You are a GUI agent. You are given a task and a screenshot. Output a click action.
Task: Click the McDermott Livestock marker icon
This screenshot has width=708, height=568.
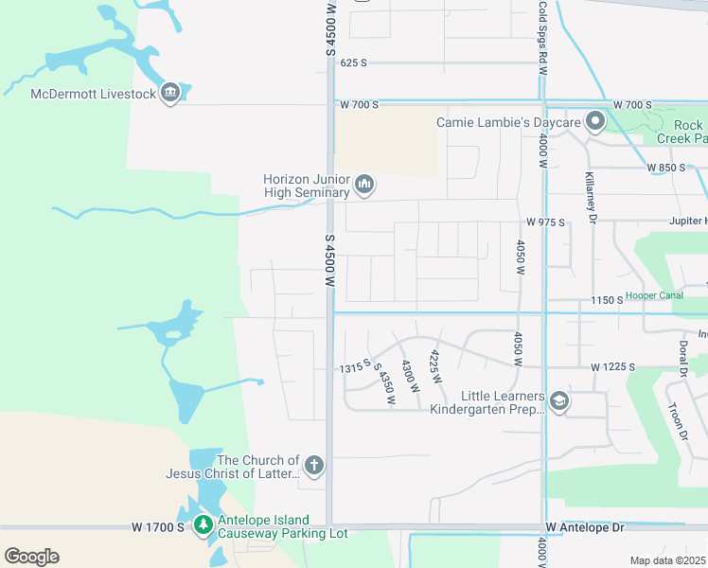pyautogui.click(x=170, y=93)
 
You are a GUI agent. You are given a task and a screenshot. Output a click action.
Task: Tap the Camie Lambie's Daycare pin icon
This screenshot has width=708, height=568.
pyautogui.click(x=595, y=122)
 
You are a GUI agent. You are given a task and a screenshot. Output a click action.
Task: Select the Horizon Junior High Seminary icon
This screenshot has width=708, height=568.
pyautogui.click(x=364, y=184)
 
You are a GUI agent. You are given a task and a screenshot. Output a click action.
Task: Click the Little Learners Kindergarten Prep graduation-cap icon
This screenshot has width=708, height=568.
pyautogui.click(x=558, y=401)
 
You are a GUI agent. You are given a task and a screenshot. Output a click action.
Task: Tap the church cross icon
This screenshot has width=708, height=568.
pyautogui.click(x=314, y=466)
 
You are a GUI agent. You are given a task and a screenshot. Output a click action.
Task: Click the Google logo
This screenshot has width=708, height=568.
pyautogui.click(x=31, y=557)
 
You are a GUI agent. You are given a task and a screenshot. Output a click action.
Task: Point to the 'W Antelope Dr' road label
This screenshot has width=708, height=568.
pyautogui.click(x=586, y=526)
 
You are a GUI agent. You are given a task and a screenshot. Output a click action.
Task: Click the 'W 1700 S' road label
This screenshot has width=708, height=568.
pyautogui.click(x=158, y=526)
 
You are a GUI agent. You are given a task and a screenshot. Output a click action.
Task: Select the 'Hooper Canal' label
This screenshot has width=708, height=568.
pyautogui.click(x=654, y=295)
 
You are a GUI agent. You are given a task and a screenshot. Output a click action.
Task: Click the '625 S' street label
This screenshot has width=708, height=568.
pyautogui.click(x=353, y=62)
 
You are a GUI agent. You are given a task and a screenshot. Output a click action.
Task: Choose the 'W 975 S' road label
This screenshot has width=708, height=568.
pyautogui.click(x=545, y=222)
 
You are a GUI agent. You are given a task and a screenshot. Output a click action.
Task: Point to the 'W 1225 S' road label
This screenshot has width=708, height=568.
pyautogui.click(x=612, y=366)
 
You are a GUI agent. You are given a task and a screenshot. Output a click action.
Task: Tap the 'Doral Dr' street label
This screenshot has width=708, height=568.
pyautogui.click(x=681, y=358)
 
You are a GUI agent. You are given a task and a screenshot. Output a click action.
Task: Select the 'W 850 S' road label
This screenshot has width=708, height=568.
pyautogui.click(x=666, y=168)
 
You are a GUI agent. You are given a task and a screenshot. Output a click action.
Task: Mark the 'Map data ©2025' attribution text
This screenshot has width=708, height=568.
pyautogui.click(x=668, y=560)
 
